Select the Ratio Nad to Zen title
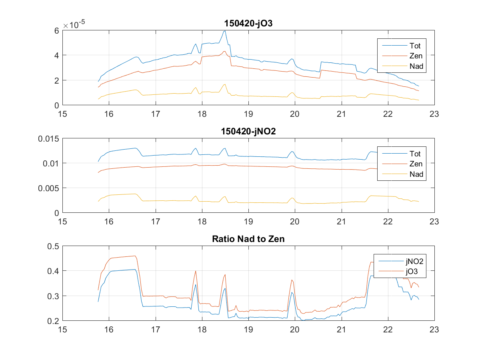(248, 240)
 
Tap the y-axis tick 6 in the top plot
(57, 30)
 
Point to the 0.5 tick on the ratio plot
(54, 246)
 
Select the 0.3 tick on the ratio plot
(54, 296)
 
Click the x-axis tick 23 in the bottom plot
(434, 330)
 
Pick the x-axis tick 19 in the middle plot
(248, 222)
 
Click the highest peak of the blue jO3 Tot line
(225, 31)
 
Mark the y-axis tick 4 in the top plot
(57, 55)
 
